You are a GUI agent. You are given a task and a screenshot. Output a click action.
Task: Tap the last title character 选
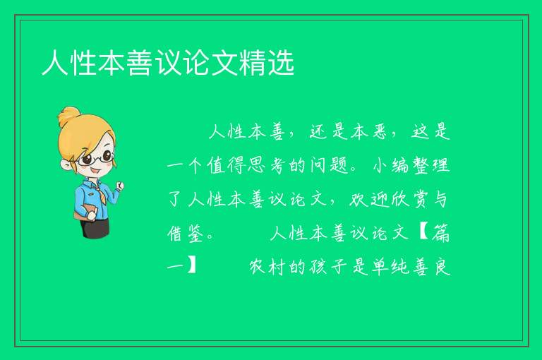point(281,63)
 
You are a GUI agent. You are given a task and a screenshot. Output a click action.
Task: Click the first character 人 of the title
point(54,63)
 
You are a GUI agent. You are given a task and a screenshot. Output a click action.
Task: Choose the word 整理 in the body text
point(431,165)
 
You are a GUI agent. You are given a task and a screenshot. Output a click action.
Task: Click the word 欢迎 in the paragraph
point(368,199)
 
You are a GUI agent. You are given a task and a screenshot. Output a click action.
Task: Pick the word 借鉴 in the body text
point(186,233)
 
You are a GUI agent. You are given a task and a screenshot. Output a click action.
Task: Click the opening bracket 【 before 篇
point(423,233)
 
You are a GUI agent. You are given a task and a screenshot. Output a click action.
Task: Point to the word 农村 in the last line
point(267,267)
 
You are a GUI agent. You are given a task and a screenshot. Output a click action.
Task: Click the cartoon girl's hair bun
point(68,116)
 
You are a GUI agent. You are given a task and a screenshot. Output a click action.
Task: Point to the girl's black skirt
point(95,227)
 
